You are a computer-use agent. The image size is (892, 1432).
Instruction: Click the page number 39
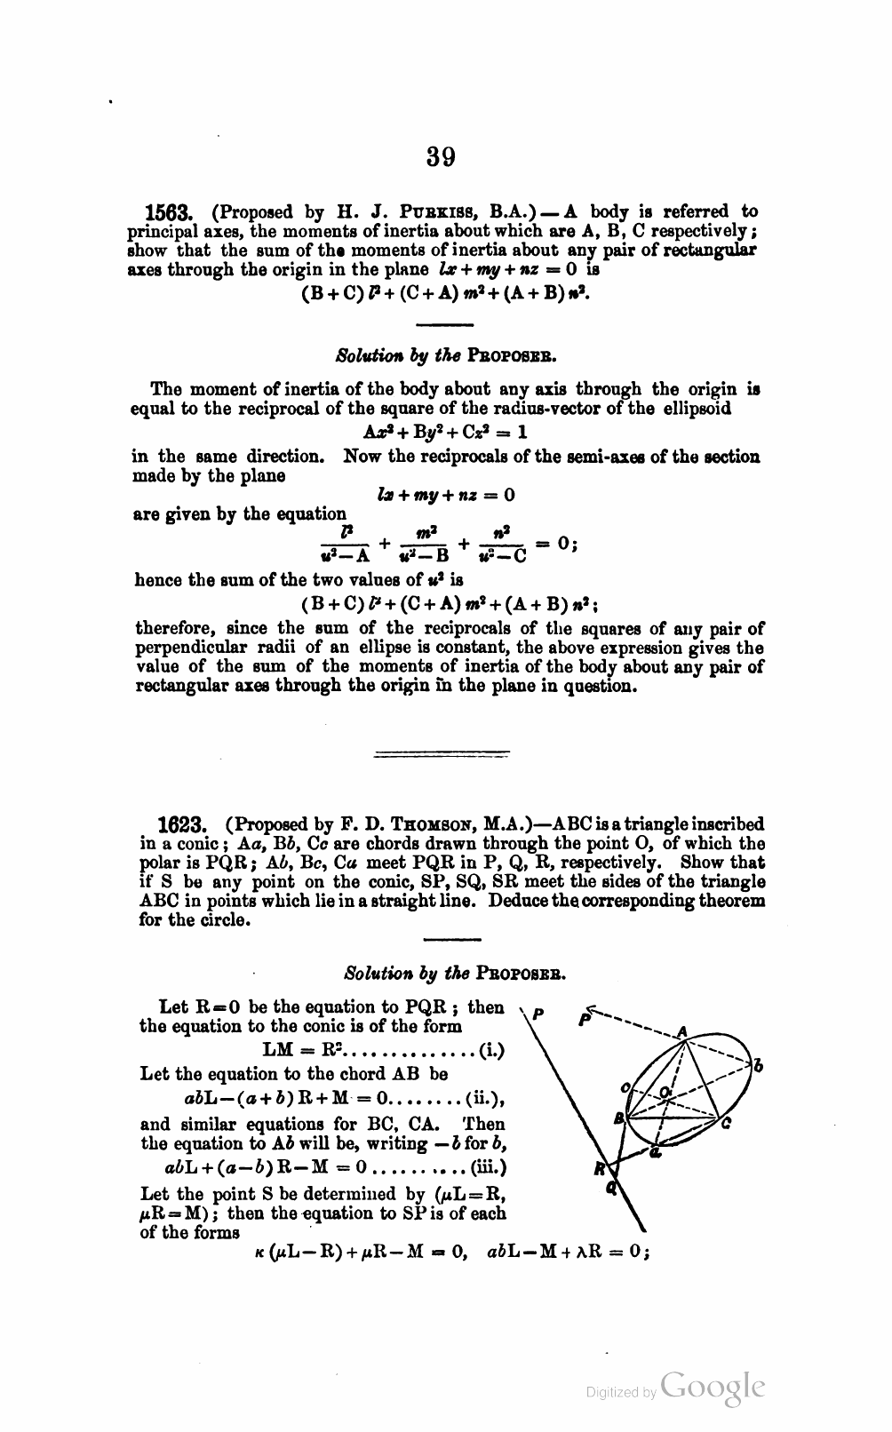click(x=441, y=157)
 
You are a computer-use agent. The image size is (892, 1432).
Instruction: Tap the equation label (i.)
click(x=491, y=1050)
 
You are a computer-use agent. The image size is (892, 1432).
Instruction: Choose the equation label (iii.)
click(x=488, y=1167)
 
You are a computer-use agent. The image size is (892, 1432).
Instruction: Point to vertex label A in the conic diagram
click(x=682, y=1032)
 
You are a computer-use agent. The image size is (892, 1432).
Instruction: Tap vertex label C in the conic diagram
click(x=726, y=1124)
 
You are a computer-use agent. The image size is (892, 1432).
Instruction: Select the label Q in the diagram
click(x=610, y=1189)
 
